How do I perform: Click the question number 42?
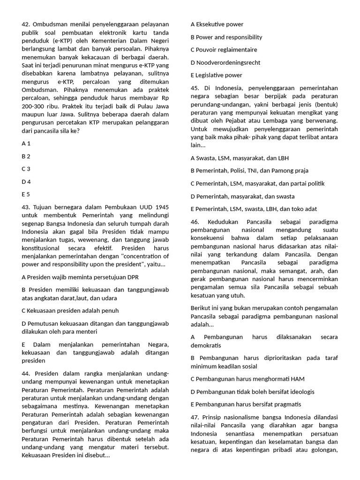tap(26, 24)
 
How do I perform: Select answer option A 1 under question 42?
tap(26, 143)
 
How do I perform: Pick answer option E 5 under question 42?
tap(26, 194)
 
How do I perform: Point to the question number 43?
tap(26, 207)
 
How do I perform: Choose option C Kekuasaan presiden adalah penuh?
tap(70, 310)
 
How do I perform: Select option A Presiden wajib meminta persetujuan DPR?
tap(80, 277)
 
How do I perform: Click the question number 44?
tap(26, 374)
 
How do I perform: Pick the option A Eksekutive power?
tap(217, 24)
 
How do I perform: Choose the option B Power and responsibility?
tap(226, 37)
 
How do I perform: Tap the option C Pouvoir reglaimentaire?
tap(224, 50)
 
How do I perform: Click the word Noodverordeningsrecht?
tap(228, 62)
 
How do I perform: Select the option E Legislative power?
tap(216, 75)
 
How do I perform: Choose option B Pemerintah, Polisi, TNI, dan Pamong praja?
tap(249, 171)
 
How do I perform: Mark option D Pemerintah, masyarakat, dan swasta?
tap(242, 196)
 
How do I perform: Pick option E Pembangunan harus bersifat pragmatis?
tap(246, 404)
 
